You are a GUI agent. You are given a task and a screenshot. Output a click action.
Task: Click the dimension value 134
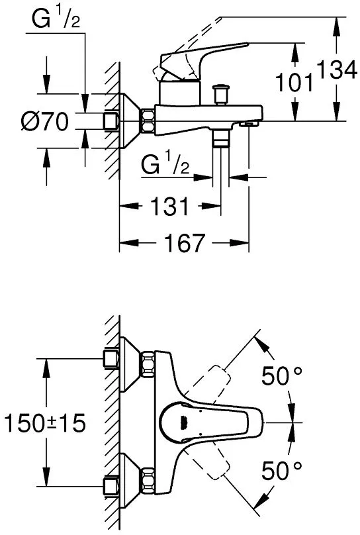(338, 69)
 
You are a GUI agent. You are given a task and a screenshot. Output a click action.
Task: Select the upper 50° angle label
(281, 377)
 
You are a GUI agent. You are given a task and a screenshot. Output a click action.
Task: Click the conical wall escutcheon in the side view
(130, 121)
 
